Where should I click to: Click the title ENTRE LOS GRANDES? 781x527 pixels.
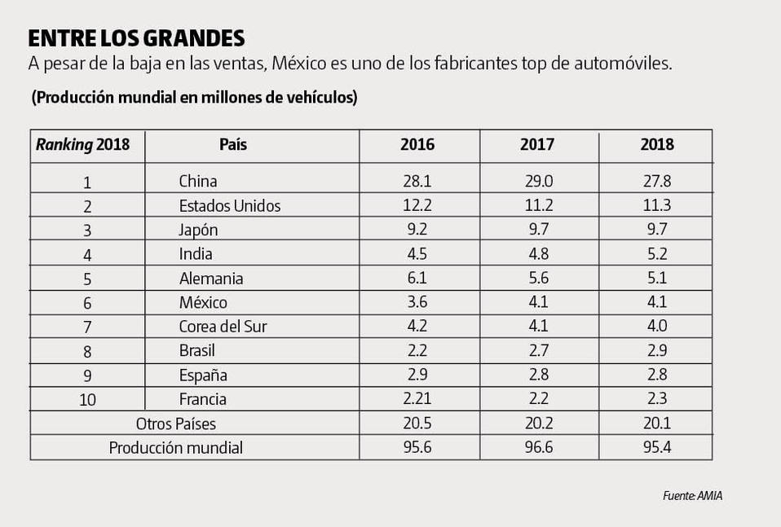[137, 39]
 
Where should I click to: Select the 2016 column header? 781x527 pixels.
[417, 145]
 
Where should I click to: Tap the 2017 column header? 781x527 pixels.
[537, 145]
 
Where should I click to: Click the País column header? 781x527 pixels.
[233, 145]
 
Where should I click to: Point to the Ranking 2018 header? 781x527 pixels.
[82, 145]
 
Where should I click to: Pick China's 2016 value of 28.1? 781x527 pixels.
[417, 181]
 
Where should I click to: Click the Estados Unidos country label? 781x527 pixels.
[229, 206]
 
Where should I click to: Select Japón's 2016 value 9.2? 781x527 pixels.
[417, 230]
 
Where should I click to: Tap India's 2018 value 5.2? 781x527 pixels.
[657, 254]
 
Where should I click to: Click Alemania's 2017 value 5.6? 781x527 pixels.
[537, 279]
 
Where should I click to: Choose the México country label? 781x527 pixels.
[203, 303]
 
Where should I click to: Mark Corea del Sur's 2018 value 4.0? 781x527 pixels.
[657, 327]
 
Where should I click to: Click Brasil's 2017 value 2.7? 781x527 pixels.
[537, 351]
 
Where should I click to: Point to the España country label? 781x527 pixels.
[203, 375]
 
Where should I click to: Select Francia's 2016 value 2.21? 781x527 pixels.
[417, 399]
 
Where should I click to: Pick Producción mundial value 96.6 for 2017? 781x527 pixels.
[537, 447]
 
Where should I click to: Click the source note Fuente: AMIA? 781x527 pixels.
[692, 496]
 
